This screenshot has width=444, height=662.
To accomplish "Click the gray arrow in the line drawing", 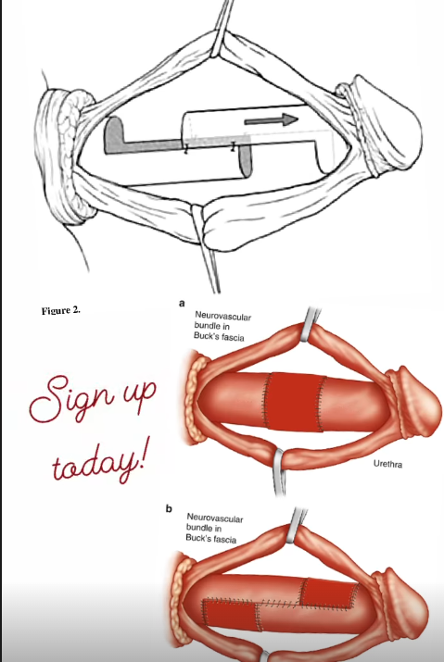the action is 271,120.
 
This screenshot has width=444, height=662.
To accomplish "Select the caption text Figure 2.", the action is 61,311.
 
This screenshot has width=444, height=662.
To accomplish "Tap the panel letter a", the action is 182,303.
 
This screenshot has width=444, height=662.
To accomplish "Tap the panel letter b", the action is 169,508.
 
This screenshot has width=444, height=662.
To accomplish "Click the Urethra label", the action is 387,464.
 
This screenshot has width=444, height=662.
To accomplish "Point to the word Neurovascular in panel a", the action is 222,316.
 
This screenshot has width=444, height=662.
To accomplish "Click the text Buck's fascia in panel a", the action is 219,336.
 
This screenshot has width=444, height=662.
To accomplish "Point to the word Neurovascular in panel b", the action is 215,518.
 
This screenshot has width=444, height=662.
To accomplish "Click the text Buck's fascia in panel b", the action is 211,538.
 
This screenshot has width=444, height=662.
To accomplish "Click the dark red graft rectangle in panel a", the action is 295,403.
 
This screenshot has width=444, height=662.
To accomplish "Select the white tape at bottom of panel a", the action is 279,470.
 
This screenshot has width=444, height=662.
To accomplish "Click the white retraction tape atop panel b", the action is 296,526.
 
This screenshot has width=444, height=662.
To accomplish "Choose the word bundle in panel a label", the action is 208,326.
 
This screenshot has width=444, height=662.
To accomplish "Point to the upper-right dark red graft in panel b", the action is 329,594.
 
